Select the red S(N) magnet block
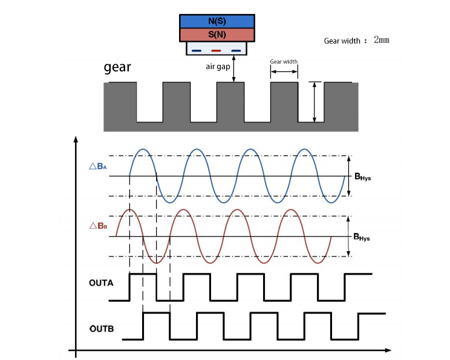(216, 34)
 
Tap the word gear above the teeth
(117, 67)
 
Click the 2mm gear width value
(381, 40)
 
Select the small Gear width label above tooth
(284, 62)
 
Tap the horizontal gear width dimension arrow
(284, 71)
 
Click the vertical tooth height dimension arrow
(314, 102)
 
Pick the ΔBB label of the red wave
(98, 226)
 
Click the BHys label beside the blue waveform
(362, 177)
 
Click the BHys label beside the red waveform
(362, 238)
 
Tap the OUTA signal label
(101, 283)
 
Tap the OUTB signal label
(102, 329)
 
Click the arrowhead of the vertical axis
(75, 141)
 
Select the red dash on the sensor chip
(216, 50)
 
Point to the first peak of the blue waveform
(143, 149)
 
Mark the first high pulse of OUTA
(143, 274)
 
